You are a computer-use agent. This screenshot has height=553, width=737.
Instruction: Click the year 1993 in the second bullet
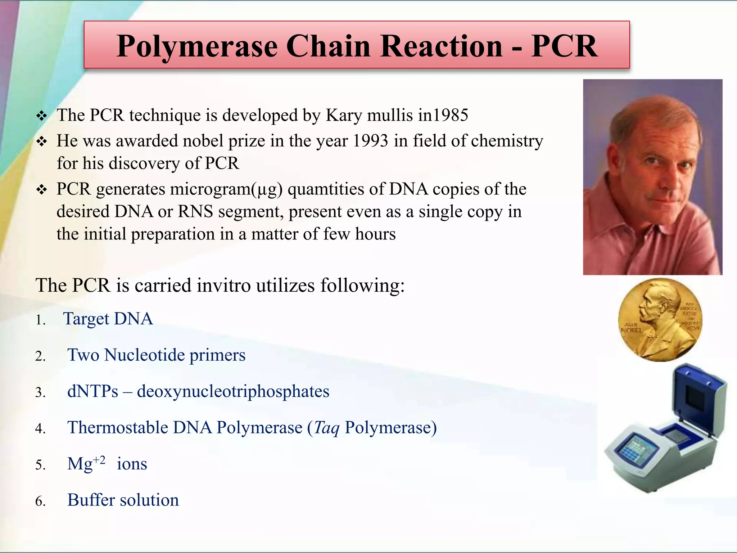(370, 141)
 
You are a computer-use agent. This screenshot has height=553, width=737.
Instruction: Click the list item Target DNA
(108, 319)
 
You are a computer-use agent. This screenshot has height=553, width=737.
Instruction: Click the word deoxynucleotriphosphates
(233, 392)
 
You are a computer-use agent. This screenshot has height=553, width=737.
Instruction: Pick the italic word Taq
(326, 428)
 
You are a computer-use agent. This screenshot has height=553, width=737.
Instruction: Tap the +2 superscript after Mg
(99, 460)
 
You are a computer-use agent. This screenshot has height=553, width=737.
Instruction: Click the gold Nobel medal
(660, 320)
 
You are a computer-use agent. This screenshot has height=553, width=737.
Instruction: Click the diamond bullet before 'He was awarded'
(42, 141)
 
